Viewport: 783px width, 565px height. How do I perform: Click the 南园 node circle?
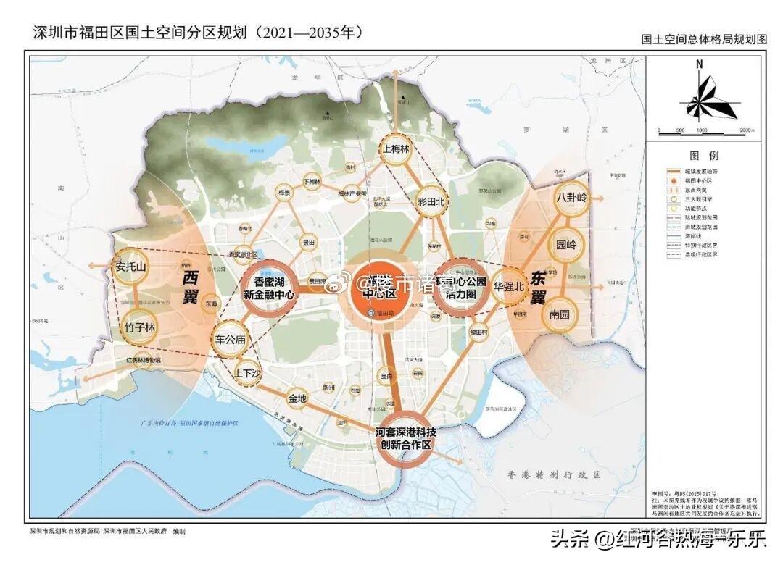tap(560, 315)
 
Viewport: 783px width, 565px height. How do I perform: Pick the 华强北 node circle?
tap(508, 286)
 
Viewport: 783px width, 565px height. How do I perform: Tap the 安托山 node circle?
tap(130, 267)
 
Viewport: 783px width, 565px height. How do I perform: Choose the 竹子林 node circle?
tap(140, 327)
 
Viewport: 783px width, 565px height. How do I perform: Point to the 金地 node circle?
tap(297, 398)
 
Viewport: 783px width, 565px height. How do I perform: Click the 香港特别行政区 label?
tap(554, 475)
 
